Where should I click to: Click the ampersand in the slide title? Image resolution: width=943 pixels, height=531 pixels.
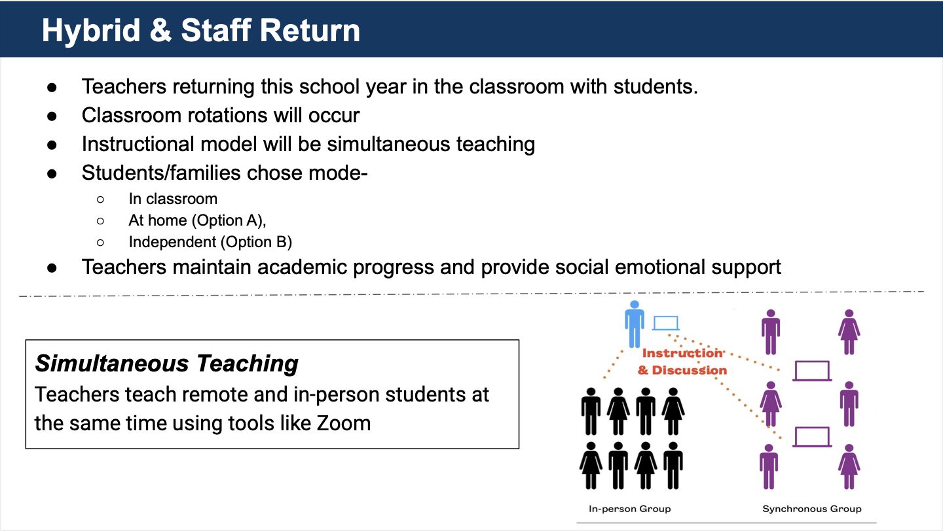tap(160, 31)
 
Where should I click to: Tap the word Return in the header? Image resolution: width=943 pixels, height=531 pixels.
tap(310, 31)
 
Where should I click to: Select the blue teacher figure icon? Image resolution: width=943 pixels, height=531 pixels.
tap(635, 324)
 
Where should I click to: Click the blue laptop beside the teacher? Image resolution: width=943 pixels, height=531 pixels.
tap(665, 323)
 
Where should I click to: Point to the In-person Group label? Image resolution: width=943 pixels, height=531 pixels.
tap(630, 509)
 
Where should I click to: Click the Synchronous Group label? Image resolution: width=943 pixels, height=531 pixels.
tap(812, 509)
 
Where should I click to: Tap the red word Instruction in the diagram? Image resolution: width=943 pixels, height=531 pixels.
tap(682, 353)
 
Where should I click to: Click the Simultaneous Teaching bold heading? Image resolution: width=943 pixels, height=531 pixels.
tap(167, 364)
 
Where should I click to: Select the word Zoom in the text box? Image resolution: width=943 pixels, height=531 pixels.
tap(344, 423)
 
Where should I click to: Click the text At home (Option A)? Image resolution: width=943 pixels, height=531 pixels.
tap(198, 220)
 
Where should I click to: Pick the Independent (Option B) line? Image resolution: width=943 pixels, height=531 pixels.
tap(210, 242)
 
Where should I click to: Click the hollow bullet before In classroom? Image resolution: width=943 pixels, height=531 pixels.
tap(100, 199)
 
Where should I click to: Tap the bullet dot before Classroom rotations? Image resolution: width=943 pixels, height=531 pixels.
tap(52, 116)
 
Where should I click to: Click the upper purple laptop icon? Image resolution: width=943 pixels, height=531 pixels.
tap(812, 371)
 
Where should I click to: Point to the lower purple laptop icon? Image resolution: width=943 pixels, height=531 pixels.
tap(812, 437)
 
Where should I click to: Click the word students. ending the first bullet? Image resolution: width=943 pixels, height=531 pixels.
tap(656, 86)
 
